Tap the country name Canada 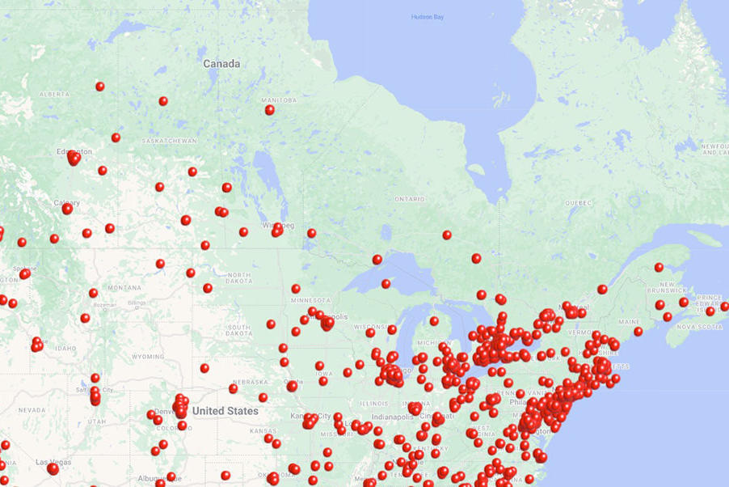point(221,63)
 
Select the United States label point(225,411)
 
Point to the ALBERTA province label point(54,95)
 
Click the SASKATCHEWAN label point(169,141)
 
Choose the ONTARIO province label point(409,198)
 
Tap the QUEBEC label point(578,202)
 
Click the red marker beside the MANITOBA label point(269,110)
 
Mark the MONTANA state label point(124,287)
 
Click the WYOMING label point(147,356)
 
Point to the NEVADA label point(32,410)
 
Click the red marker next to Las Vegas point(53,468)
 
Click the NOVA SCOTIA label point(697,326)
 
